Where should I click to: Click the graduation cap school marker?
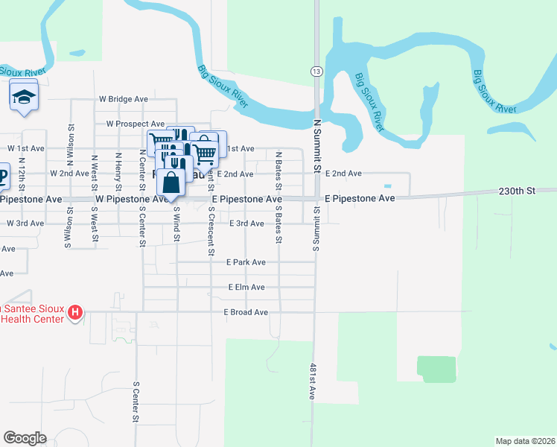pos(24,98)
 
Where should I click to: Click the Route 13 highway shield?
pos(316,70)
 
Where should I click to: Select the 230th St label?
pos(517,191)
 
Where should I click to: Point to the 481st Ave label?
pos(313,382)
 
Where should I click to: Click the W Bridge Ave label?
pos(124,98)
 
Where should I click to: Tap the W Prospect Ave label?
pos(135,124)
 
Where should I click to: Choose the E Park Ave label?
pos(246,262)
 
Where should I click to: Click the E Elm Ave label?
pos(246,287)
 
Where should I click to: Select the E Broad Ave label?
pos(245,312)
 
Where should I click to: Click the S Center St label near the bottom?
pos(136,402)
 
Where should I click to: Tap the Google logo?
pos(25,438)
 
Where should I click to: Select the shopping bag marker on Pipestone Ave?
pos(171,182)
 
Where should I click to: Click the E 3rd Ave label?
pos(246,223)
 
